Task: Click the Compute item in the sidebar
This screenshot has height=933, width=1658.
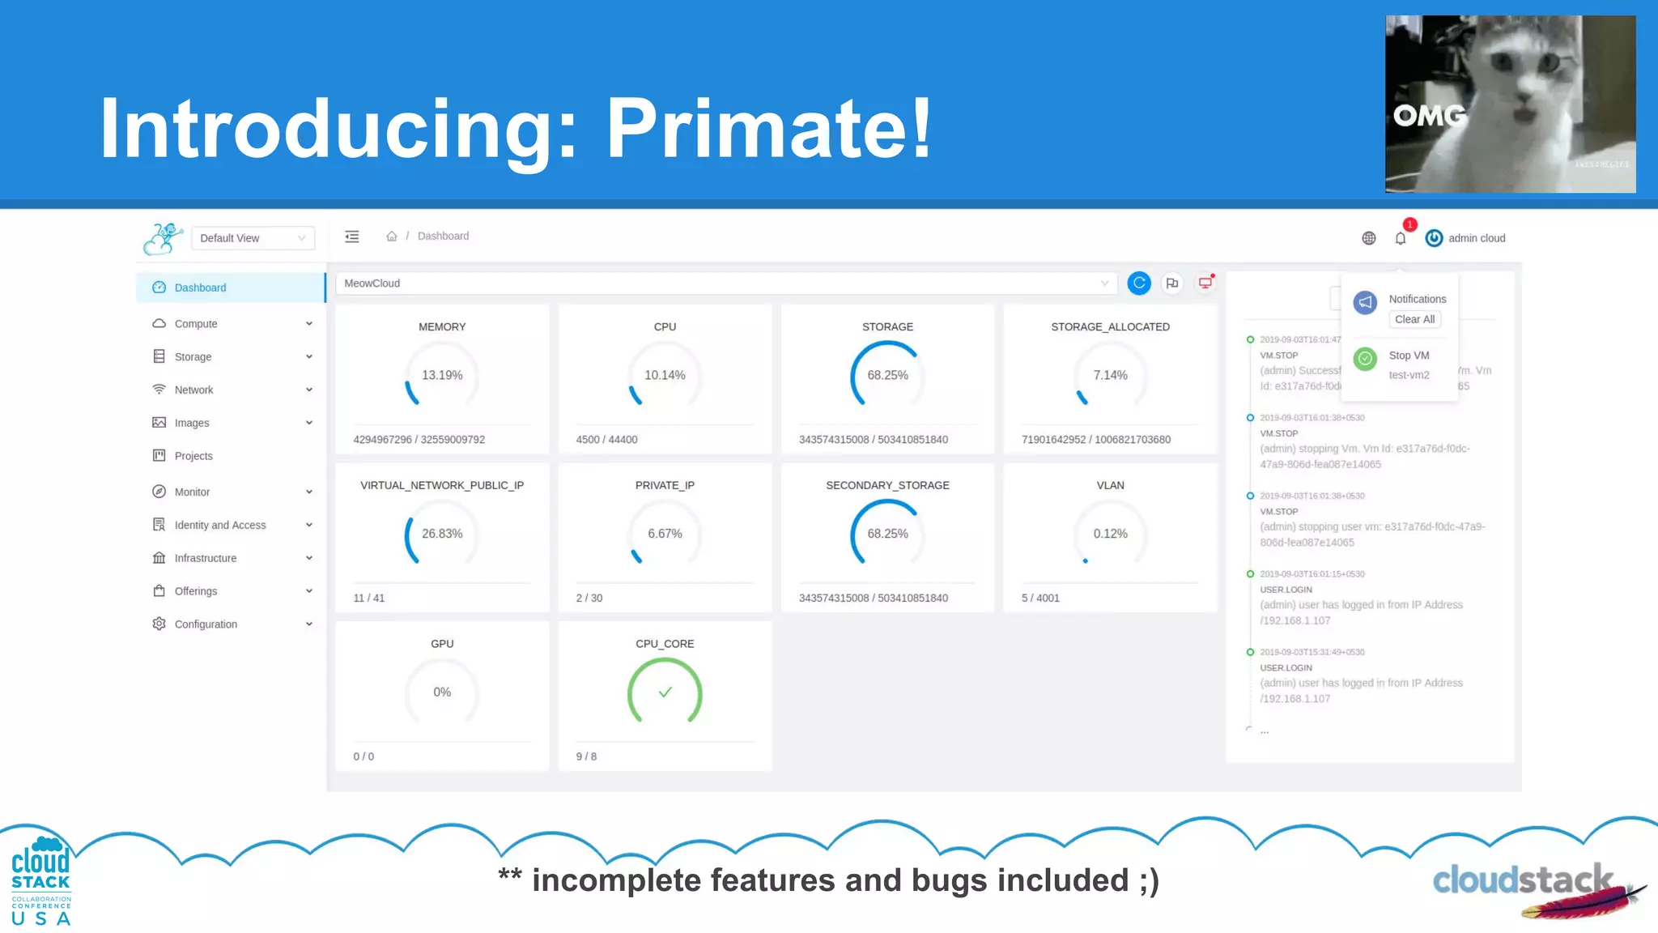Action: click(196, 324)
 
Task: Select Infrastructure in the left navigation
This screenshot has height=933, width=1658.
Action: click(206, 558)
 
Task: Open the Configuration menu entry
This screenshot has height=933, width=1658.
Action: click(206, 624)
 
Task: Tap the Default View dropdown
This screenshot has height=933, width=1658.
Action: click(253, 238)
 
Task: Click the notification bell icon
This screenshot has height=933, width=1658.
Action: click(1401, 238)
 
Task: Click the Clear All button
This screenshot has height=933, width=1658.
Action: click(1414, 319)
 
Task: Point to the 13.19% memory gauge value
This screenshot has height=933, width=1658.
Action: click(442, 375)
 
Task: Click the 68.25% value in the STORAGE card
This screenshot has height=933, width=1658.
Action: click(887, 375)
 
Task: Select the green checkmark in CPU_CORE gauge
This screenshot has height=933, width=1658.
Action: click(665, 692)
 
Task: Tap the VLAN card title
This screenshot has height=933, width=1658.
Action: click(1110, 485)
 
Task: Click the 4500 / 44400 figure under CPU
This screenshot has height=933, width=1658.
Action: click(606, 440)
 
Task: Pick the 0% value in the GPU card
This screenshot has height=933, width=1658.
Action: click(442, 692)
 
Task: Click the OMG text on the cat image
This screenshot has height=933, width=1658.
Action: click(1429, 116)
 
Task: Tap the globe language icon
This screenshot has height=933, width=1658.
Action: click(1369, 238)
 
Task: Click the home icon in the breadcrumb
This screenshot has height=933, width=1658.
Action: click(392, 236)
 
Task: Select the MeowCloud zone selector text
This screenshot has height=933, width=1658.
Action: click(372, 283)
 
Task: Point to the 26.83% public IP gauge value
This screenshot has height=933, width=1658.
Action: click(442, 534)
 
